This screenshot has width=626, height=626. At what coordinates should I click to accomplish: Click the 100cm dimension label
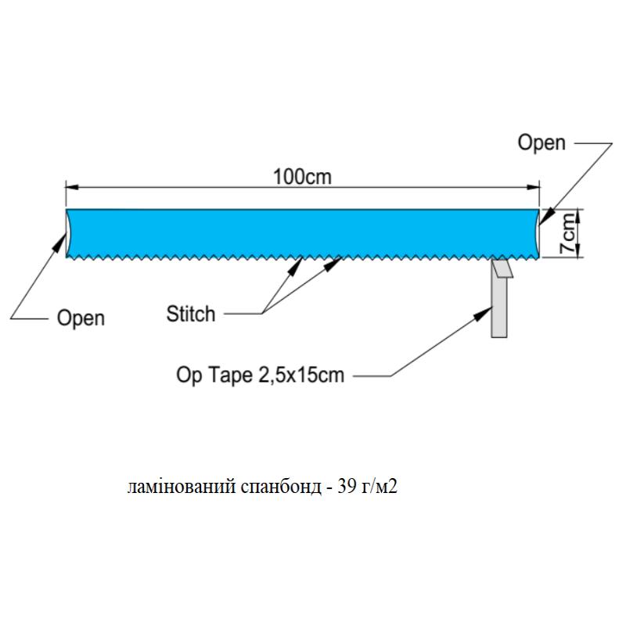pyautogui.click(x=302, y=177)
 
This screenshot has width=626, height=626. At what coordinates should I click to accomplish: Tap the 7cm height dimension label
pyautogui.click(x=569, y=233)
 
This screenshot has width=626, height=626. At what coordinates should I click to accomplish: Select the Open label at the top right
pyautogui.click(x=541, y=142)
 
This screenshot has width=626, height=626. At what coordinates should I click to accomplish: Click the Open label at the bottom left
pyautogui.click(x=81, y=318)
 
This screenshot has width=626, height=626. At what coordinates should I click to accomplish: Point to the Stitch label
pyautogui.click(x=190, y=315)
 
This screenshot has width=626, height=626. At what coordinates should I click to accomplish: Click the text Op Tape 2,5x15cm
pyautogui.click(x=260, y=376)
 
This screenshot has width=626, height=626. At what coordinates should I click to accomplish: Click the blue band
pyautogui.click(x=302, y=232)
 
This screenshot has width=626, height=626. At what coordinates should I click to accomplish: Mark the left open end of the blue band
pyautogui.click(x=68, y=232)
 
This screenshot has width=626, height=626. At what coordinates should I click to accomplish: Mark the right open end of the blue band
pyautogui.click(x=538, y=232)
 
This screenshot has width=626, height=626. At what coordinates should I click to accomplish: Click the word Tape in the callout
pyautogui.click(x=228, y=376)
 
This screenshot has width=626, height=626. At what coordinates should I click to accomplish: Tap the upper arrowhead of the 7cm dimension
pyautogui.click(x=577, y=214)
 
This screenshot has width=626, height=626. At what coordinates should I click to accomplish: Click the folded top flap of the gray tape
pyautogui.click(x=502, y=268)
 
